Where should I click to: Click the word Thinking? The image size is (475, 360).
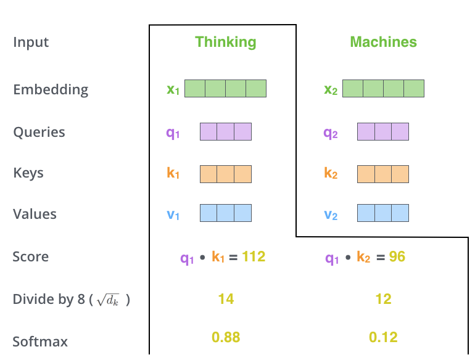(225, 42)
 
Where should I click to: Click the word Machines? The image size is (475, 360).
(383, 42)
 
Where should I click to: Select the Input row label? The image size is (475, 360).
(31, 43)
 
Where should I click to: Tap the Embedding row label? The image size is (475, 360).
(51, 89)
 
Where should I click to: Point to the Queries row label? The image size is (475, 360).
(39, 132)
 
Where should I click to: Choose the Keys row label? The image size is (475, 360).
(28, 173)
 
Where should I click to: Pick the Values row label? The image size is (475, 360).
(35, 214)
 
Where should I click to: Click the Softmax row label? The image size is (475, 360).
(40, 341)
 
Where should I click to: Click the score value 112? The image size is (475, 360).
(254, 256)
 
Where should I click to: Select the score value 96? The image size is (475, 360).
(397, 256)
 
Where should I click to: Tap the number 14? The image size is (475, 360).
(226, 299)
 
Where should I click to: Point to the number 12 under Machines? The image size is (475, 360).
(383, 299)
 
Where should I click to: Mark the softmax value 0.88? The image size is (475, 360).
(226, 337)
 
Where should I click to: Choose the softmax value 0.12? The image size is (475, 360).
(383, 337)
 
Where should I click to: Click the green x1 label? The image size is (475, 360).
(173, 89)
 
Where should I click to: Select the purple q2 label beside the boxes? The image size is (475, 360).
(331, 133)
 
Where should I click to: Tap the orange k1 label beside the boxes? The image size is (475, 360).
(173, 173)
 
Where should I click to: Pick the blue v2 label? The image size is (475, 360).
(331, 215)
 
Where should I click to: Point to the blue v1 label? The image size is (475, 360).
(173, 215)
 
